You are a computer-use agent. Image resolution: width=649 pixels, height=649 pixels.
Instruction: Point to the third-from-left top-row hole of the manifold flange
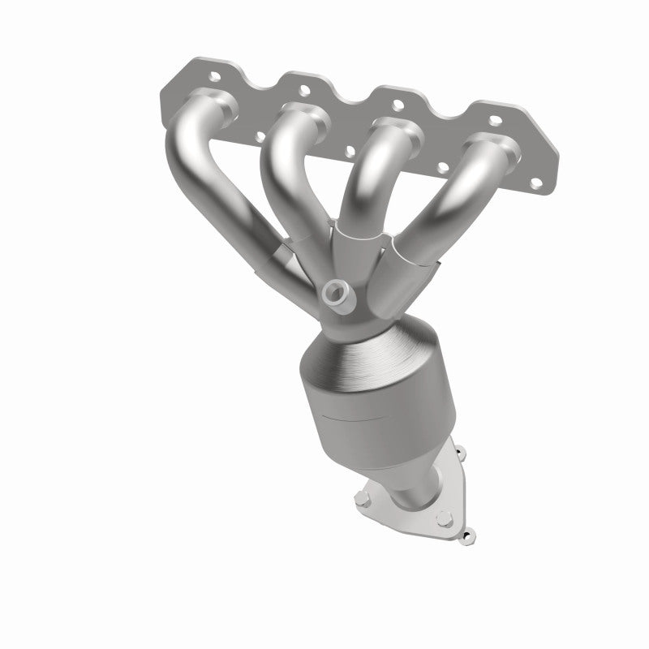click(x=398, y=104)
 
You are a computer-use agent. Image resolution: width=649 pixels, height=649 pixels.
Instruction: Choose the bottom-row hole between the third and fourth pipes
click(x=443, y=167)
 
